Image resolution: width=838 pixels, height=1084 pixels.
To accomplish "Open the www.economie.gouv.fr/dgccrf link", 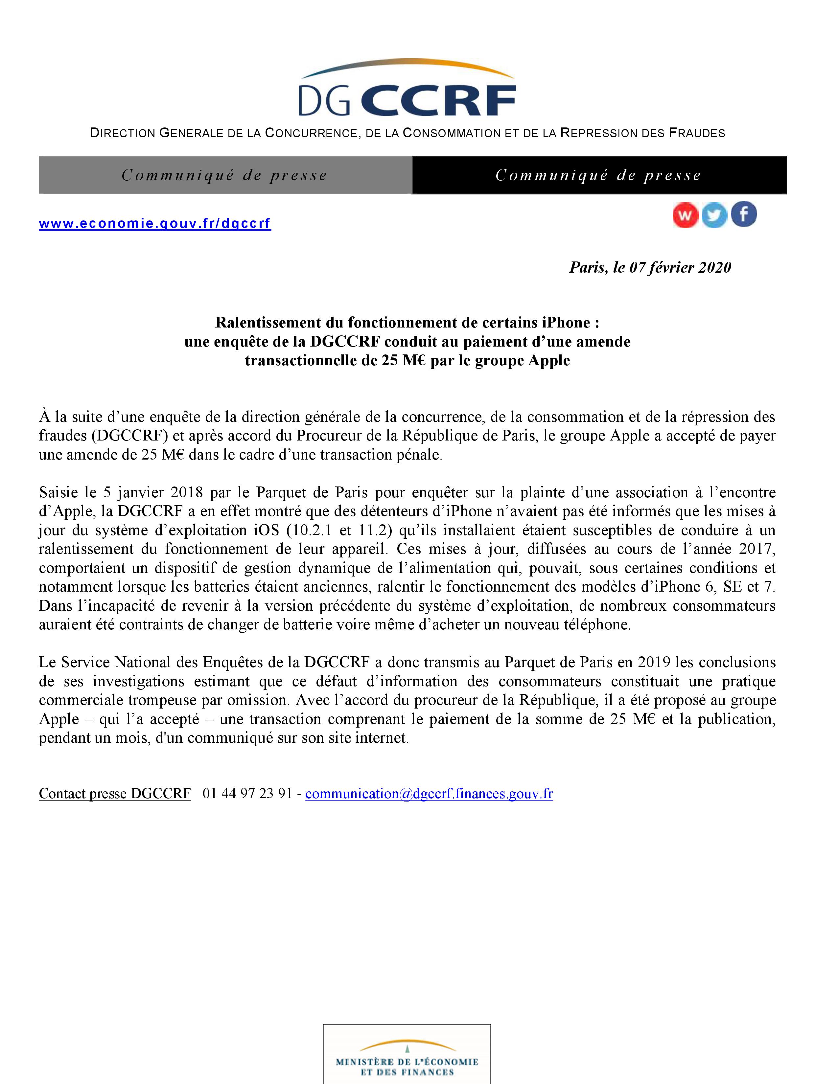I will (155, 223).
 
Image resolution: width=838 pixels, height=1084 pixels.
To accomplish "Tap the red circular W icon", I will (686, 215).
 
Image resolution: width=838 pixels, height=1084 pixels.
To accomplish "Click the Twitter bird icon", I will (714, 215).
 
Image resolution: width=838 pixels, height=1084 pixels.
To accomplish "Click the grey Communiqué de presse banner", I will (225, 175).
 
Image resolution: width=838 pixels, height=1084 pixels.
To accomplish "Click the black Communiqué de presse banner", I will (599, 175).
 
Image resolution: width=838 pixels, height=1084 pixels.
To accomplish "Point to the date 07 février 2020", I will (680, 267).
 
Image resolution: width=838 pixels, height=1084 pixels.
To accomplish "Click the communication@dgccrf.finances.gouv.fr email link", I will (429, 794).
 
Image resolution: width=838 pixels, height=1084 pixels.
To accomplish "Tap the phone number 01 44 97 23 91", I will (247, 794).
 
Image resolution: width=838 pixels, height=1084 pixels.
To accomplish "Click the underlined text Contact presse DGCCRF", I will (115, 794).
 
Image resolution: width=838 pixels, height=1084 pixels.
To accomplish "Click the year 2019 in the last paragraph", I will (654, 663).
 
